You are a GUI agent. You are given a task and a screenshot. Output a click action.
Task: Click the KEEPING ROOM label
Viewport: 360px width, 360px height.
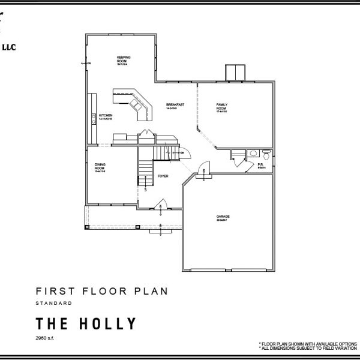[124, 59]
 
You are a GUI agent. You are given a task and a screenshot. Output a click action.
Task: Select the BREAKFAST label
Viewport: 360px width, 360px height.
[175, 106]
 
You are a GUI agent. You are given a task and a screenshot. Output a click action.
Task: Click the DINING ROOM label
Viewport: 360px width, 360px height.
[100, 167]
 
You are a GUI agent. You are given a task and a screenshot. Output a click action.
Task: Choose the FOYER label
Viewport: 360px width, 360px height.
[163, 176]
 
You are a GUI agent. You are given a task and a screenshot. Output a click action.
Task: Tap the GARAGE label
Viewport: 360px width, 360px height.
[223, 217]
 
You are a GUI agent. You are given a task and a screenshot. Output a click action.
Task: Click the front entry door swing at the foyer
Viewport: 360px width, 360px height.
[160, 203]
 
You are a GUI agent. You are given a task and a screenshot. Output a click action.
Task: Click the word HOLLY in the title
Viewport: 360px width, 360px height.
[108, 324]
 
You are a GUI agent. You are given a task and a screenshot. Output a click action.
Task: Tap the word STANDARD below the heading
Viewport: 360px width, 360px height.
[55, 304]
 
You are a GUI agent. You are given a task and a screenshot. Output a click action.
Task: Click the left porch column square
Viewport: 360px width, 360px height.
[88, 227]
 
